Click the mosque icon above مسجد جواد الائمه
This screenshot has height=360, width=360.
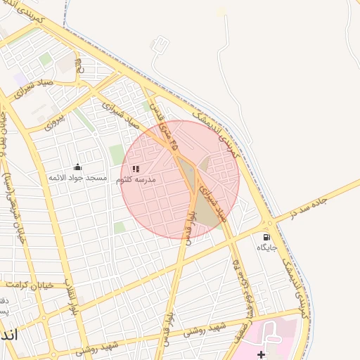[x=77, y=167]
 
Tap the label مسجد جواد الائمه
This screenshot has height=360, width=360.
[x=77, y=178]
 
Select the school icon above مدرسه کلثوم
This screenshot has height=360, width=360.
[x=136, y=169]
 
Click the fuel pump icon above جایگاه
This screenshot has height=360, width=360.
[x=266, y=237]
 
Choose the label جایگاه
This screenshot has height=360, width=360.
[x=266, y=247]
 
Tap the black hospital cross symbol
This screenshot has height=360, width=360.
[x=261, y=354]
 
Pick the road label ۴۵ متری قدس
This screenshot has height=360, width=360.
[x=167, y=131]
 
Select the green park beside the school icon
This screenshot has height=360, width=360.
[x=117, y=155]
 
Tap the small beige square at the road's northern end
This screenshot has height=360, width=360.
[x=221, y=12]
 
